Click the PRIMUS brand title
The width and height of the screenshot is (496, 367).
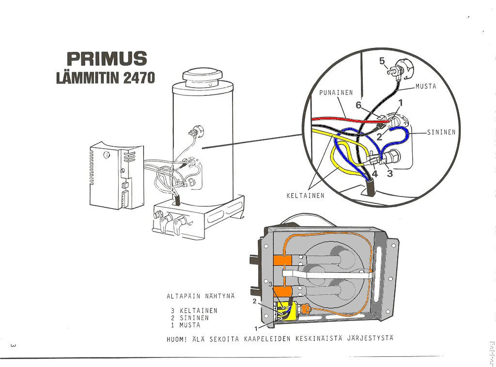106,59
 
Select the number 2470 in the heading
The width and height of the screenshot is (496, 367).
139,78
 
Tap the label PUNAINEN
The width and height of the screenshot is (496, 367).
336,92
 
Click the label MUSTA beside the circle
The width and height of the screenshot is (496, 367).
426,87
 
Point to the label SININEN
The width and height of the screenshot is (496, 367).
441,132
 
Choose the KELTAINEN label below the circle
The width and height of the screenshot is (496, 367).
305,196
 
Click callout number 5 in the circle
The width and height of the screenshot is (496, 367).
382,61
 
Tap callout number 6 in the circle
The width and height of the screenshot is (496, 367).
358,105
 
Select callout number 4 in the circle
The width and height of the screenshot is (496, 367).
374,174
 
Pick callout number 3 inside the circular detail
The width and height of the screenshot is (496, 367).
390,174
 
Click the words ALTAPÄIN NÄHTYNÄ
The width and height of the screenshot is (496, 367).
200,296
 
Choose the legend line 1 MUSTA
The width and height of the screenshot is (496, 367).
186,325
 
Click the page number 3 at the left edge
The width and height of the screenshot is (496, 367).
13,345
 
